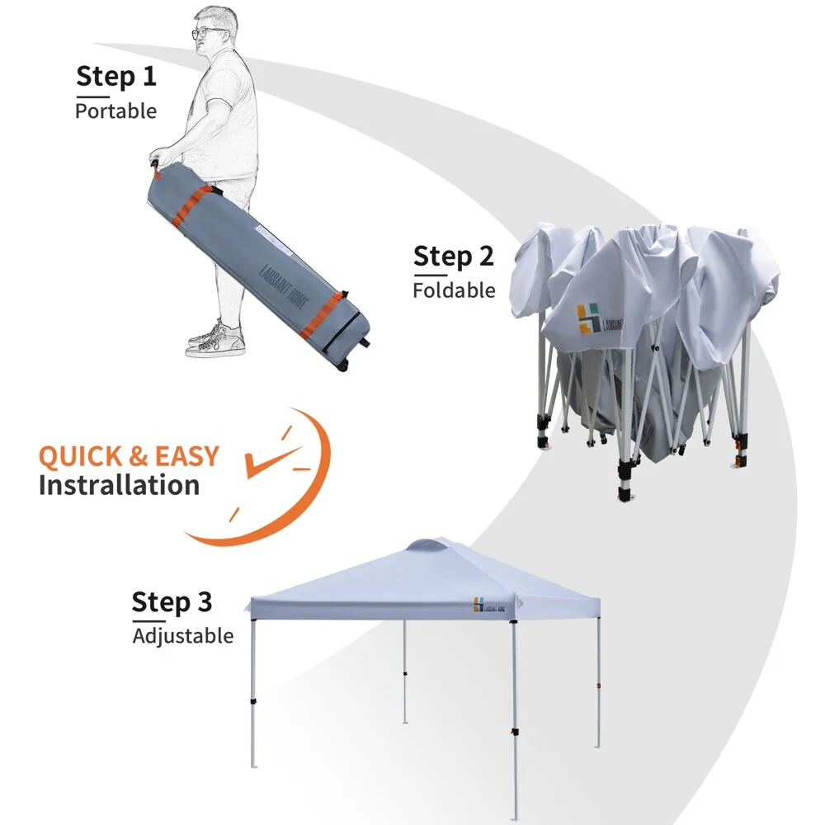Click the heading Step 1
click(115, 77)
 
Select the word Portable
click(115, 111)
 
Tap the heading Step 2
click(453, 256)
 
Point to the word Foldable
click(454, 290)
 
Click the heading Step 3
click(172, 601)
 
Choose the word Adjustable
click(182, 636)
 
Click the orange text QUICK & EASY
click(129, 456)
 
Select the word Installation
click(119, 485)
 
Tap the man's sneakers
click(216, 339)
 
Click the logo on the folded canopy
click(589, 318)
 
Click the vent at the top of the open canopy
click(436, 544)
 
